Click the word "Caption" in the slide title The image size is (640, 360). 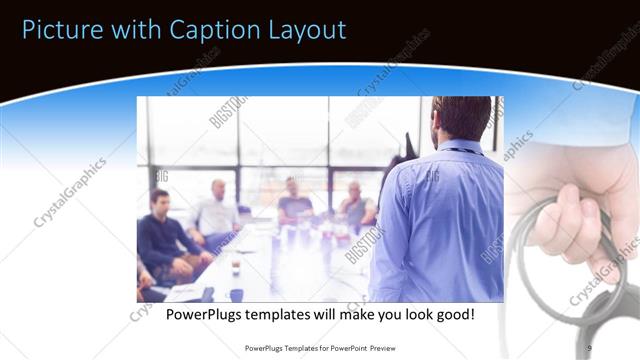[x=202, y=29]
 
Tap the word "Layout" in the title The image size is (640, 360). [x=300, y=29]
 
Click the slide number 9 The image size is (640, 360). [x=589, y=347]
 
